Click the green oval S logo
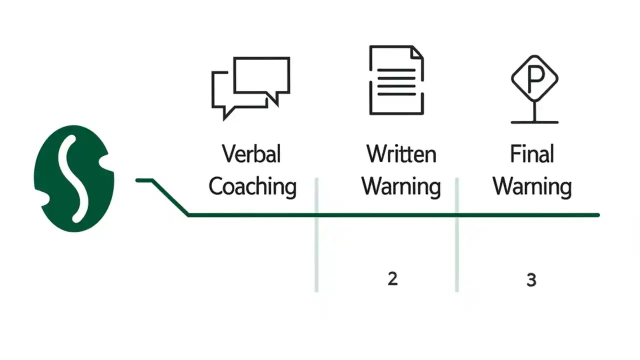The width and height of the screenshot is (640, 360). tap(74, 178)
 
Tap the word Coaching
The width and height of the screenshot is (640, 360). tap(252, 186)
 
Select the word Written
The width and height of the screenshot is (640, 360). tap(401, 153)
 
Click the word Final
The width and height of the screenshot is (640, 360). tap(532, 153)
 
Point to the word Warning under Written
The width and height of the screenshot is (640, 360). tap(401, 186)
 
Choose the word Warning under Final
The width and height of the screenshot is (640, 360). tap(532, 186)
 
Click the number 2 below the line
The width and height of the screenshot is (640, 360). tap(392, 279)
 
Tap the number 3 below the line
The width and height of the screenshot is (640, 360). tap(531, 280)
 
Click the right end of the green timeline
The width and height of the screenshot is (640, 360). tap(597, 215)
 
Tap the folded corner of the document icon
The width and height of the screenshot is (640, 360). tap(416, 52)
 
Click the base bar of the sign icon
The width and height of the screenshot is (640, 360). tap(534, 121)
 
